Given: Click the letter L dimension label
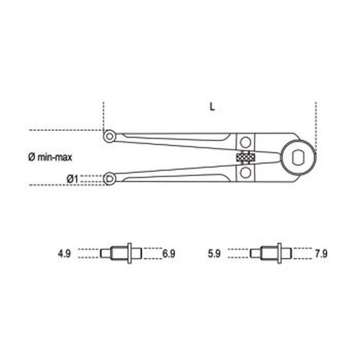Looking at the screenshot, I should [211, 108].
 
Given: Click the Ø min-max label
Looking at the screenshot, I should [49, 157].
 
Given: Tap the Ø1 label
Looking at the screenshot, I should [72, 179].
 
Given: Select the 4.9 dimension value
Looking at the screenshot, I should [64, 254].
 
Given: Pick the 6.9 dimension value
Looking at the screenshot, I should [168, 254].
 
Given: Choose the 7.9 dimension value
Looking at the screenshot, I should [321, 254].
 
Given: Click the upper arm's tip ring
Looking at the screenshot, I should [108, 135].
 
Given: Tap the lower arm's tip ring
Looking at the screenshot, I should [108, 179].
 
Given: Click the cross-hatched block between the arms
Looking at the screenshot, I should [246, 157].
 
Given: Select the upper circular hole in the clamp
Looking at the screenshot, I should [245, 142].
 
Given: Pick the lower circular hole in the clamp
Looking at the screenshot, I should [245, 172].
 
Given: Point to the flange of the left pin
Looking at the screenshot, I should [130, 253].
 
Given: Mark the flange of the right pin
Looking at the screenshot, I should [280, 253].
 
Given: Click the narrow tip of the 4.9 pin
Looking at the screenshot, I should [104, 253].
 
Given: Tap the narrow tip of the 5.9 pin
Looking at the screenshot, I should [255, 253].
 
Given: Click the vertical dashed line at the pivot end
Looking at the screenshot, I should [316, 121].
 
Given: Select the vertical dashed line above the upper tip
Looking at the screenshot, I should [103, 115].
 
